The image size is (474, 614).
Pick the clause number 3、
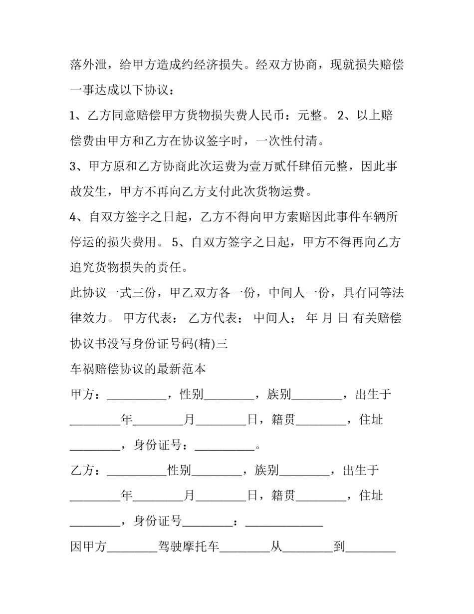point(77,166)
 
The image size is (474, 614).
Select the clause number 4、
point(78,217)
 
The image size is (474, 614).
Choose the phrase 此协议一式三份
point(113,293)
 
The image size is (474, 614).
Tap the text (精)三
point(214,344)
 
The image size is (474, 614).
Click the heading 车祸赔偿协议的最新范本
point(138,369)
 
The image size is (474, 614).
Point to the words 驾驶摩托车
point(188,547)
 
